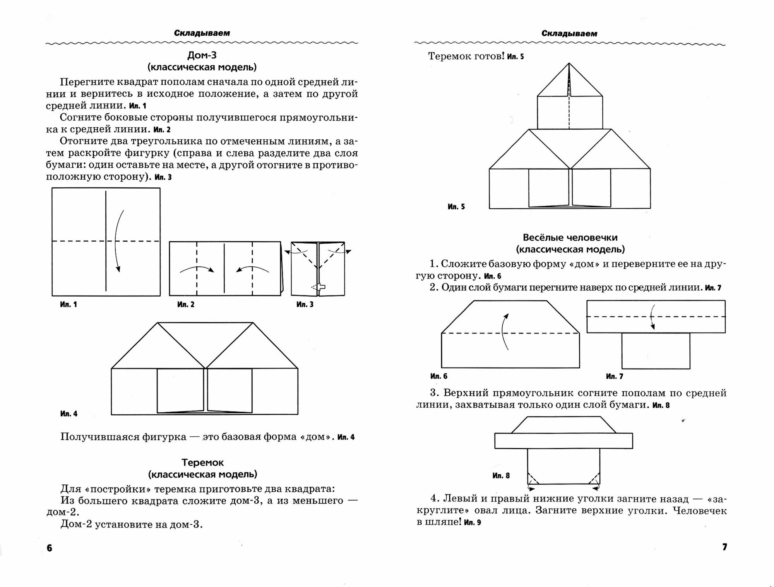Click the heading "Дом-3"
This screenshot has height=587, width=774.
click(x=202, y=55)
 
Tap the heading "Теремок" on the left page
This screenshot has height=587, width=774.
click(x=202, y=462)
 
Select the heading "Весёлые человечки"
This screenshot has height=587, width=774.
click(x=570, y=237)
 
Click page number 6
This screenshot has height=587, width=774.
click(x=49, y=548)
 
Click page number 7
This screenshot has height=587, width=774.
click(x=724, y=547)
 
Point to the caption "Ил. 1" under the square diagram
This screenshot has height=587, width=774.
click(x=68, y=304)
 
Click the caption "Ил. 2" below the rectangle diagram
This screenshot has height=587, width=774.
click(x=186, y=304)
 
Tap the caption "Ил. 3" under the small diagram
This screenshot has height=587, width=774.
click(x=305, y=304)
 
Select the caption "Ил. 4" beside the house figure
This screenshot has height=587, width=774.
click(x=68, y=414)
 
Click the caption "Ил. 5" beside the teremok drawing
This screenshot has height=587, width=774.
click(x=456, y=207)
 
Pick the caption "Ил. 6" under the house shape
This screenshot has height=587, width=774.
click(x=439, y=376)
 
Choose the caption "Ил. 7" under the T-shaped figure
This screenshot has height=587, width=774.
click(x=614, y=376)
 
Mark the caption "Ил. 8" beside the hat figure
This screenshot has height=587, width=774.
click(x=501, y=475)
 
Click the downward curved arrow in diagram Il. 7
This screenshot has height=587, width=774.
click(x=652, y=317)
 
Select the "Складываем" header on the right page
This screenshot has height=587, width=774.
click(x=569, y=34)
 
